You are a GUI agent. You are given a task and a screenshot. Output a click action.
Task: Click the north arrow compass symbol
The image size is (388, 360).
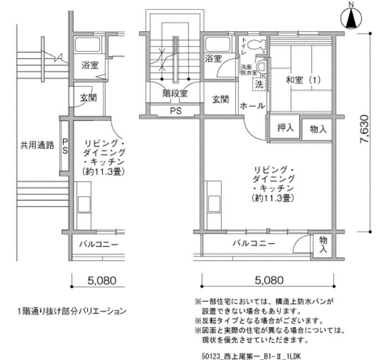click(351, 18)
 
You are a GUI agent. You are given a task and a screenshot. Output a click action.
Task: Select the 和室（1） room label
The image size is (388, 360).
click(303, 80)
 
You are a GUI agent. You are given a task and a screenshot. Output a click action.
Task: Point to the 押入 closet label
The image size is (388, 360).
click(285, 127)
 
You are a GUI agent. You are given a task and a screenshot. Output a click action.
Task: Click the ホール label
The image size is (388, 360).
click(252, 106)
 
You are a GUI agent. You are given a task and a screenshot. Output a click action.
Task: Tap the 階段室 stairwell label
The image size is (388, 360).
click(175, 94)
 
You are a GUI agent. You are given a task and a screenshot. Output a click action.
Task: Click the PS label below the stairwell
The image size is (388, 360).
click(176, 111)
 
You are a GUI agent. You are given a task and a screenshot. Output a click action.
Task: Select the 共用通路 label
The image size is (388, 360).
click(37, 145)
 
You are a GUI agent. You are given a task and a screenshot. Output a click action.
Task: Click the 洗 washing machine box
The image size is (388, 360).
click(259, 85)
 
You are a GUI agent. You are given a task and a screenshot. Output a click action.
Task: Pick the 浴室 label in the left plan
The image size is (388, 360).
click(90, 65)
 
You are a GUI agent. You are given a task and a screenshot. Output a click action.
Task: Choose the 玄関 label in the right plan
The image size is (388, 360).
click(221, 99)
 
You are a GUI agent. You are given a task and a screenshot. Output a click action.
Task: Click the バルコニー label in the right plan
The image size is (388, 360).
click(254, 244)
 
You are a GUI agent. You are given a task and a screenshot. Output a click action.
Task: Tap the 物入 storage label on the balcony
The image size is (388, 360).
click(323, 244)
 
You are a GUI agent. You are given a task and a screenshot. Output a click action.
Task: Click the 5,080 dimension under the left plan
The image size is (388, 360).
click(101, 281)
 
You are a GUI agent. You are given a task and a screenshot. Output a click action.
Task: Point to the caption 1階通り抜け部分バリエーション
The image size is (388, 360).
click(72, 311)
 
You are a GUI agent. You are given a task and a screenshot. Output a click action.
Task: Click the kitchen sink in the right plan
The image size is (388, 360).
click(215, 204)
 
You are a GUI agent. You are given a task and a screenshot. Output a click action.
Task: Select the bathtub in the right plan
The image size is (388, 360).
click(217, 45)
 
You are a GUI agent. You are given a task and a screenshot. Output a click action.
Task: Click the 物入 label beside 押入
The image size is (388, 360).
click(318, 129)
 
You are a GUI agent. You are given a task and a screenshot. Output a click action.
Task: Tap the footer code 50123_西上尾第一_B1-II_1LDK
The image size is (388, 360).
click(252, 356)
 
